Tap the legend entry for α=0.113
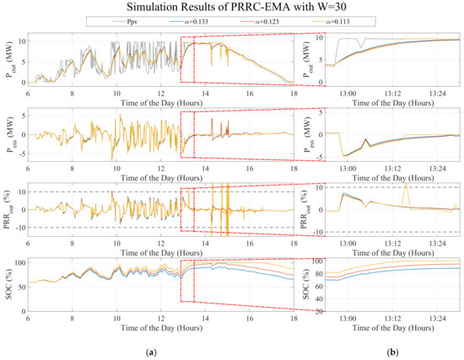[343, 24]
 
